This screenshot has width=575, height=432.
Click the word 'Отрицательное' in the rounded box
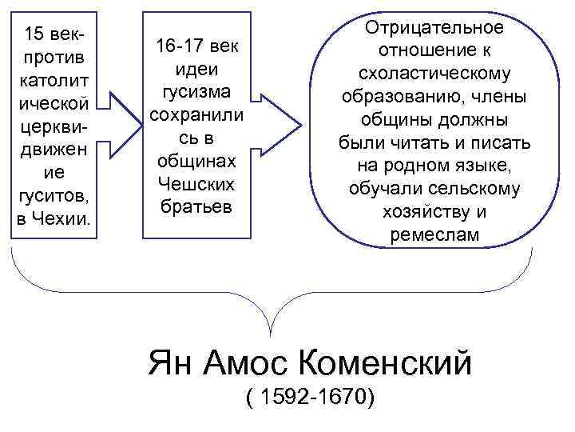click(434, 28)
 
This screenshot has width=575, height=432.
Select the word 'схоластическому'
click(434, 74)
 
